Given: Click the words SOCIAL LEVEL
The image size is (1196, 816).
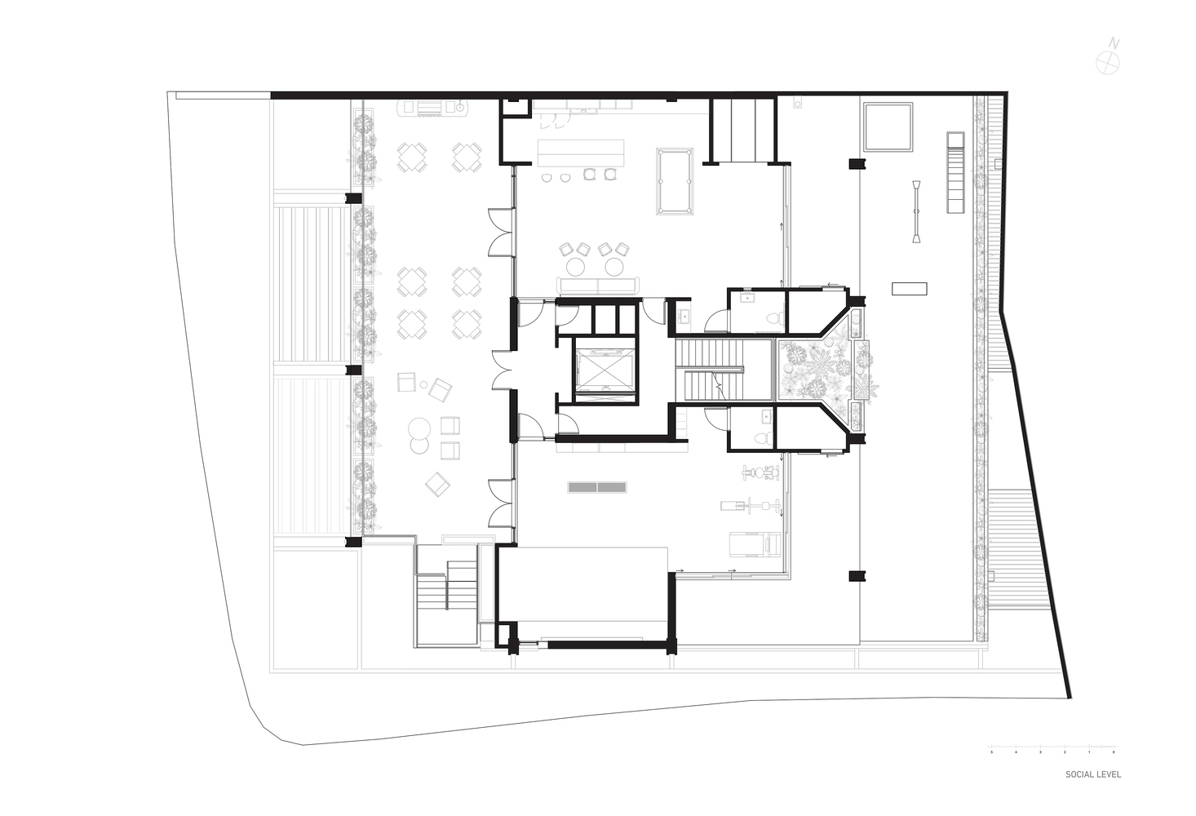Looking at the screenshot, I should (1092, 774).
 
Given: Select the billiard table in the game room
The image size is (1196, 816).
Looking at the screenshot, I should (675, 181).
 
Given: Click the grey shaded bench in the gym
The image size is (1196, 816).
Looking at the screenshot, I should (597, 487).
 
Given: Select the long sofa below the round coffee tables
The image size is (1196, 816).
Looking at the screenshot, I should (598, 286).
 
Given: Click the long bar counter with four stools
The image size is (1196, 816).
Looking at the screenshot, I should (581, 150).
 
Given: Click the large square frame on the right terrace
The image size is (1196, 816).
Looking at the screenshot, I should (888, 126).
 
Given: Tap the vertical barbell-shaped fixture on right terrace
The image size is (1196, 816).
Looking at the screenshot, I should (918, 211).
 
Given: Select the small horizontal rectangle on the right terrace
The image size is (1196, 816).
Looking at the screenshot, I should (909, 288).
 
